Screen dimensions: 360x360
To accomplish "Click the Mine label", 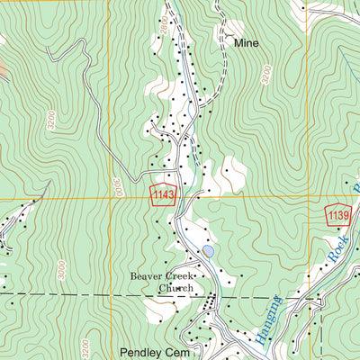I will [x=246, y=42].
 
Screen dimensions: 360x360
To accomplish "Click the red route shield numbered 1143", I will [x=163, y=195].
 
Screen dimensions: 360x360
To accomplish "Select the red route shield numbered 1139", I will [x=337, y=215].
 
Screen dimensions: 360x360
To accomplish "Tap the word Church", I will [x=176, y=288].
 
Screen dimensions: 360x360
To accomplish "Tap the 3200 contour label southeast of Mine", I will [x=265, y=75].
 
